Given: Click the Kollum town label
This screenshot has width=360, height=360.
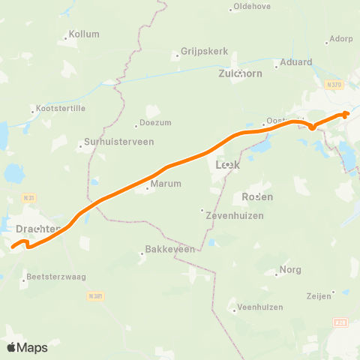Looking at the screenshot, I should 84,34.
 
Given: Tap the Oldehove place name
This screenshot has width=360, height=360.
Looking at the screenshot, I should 252,7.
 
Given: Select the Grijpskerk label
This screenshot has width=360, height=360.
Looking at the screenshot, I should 199,52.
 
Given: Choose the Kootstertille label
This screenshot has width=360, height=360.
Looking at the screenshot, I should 58,110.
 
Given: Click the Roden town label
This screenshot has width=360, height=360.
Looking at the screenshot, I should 257,196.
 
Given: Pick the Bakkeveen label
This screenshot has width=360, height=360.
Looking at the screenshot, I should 170,249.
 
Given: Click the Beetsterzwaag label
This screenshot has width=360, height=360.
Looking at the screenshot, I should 56,276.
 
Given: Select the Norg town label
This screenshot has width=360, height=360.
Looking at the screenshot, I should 290,269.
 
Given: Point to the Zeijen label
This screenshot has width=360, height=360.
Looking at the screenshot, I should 319,296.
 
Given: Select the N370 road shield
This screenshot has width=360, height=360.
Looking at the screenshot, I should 335,85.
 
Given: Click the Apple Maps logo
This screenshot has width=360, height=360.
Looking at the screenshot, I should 27,347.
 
